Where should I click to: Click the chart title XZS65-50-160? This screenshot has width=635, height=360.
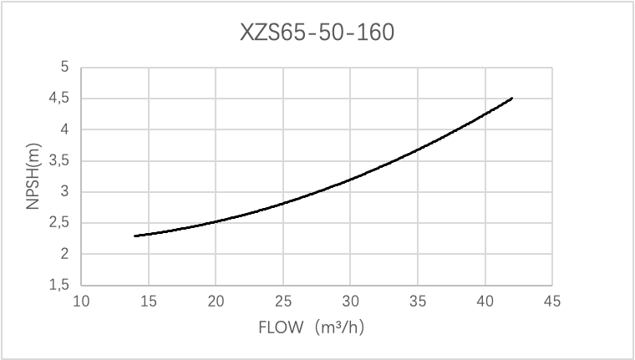coord(317,34)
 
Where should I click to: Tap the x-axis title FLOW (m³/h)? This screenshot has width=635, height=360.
coord(317,327)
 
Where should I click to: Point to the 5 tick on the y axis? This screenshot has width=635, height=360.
coord(64,68)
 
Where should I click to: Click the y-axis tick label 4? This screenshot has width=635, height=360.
coord(64,129)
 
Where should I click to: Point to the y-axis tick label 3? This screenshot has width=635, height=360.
coord(64,192)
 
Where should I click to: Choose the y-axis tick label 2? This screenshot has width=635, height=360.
coord(64,255)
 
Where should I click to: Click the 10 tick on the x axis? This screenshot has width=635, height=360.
coord(81,301)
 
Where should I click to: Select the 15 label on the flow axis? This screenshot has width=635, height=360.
coord(149,301)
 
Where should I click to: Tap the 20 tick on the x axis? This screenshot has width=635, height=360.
coord(216,301)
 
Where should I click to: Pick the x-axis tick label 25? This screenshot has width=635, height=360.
coord(283,301)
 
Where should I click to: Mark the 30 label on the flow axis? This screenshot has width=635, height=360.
coord(351,301)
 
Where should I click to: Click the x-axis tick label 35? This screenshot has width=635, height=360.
coord(419,301)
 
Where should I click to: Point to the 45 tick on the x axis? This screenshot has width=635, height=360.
coord(553,301)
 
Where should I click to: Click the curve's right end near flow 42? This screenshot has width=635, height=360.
coord(512,98)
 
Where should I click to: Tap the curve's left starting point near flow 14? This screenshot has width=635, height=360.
coord(135,236)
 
